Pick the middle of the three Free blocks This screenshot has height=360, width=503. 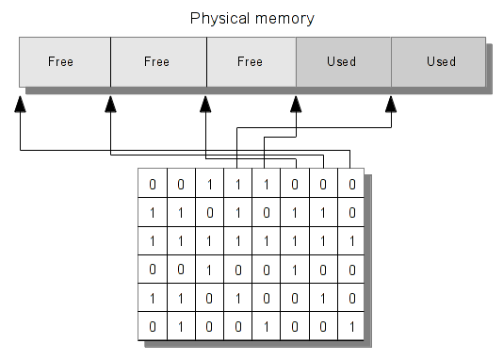pos(157,62)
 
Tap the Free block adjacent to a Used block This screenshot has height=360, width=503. pos(250,62)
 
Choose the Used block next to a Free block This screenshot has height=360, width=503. pos(342,62)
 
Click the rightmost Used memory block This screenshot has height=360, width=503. pos(439,62)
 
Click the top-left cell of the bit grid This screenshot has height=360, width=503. pos(153,184)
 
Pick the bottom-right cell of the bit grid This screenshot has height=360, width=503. pos(350,328)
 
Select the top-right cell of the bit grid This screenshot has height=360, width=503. pos(350,184)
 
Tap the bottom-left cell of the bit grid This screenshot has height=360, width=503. pos(153,328)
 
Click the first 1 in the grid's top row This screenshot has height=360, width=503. pos(209,184)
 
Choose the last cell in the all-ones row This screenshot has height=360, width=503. pos(350,241)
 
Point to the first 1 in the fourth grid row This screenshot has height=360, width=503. pos(209,270)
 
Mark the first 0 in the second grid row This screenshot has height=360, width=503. pos(209,213)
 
